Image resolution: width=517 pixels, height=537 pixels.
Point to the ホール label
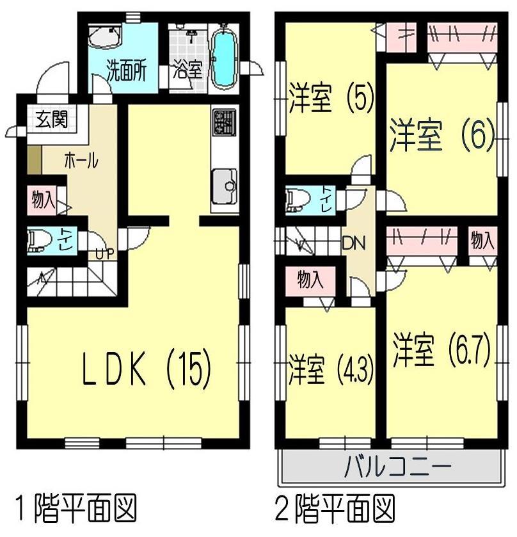pos(81,161)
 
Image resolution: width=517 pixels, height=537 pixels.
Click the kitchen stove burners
pos(225,122)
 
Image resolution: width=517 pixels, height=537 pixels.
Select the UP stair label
pos(104,253)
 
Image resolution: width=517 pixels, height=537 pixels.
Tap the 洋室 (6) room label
pos(441,136)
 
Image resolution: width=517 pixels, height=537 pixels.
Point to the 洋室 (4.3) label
pos(331,369)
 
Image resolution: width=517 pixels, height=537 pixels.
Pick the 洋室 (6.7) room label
pos(441,350)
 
